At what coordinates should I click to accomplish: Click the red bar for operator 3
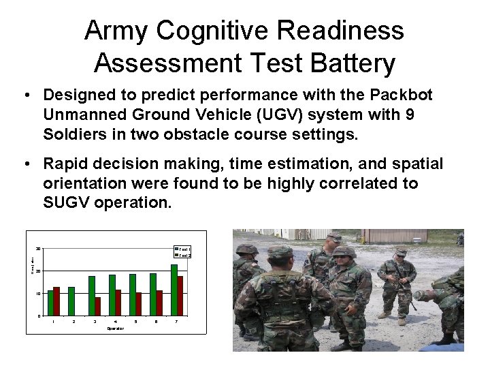pyautogui.click(x=98, y=306)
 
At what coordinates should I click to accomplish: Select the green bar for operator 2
pyautogui.click(x=71, y=301)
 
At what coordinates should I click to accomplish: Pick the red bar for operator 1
pyautogui.click(x=57, y=301)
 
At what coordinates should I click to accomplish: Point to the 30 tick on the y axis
pyautogui.click(x=38, y=249)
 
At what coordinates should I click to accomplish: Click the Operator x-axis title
pyautogui.click(x=115, y=329)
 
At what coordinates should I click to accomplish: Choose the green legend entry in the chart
pyautogui.click(x=182, y=249)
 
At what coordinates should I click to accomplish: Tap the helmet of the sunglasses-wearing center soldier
pyautogui.click(x=344, y=251)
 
